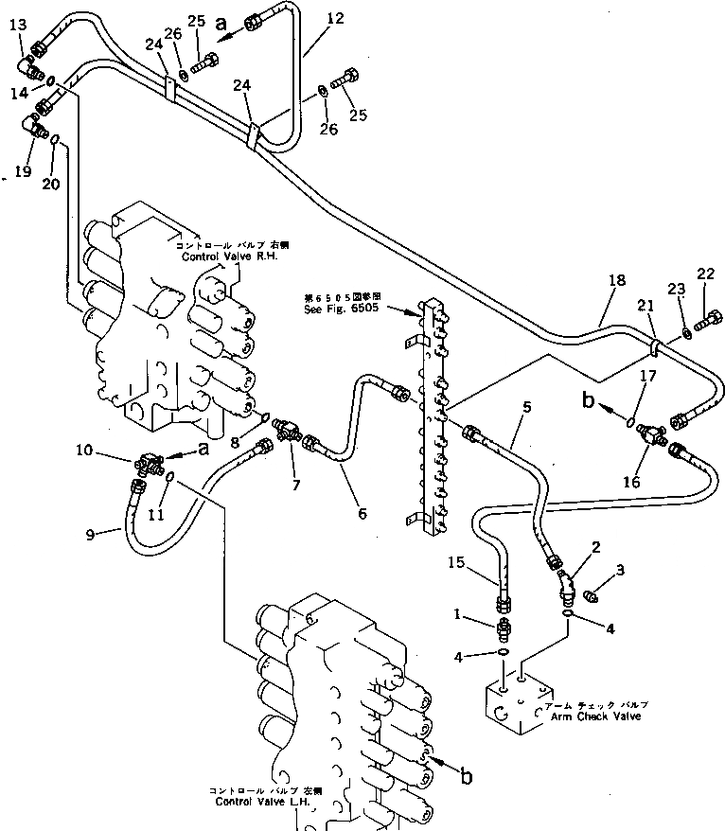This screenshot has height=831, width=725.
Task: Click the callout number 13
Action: (19, 25)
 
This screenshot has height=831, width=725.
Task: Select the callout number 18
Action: (617, 280)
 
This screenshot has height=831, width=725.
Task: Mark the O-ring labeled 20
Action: (55, 141)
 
